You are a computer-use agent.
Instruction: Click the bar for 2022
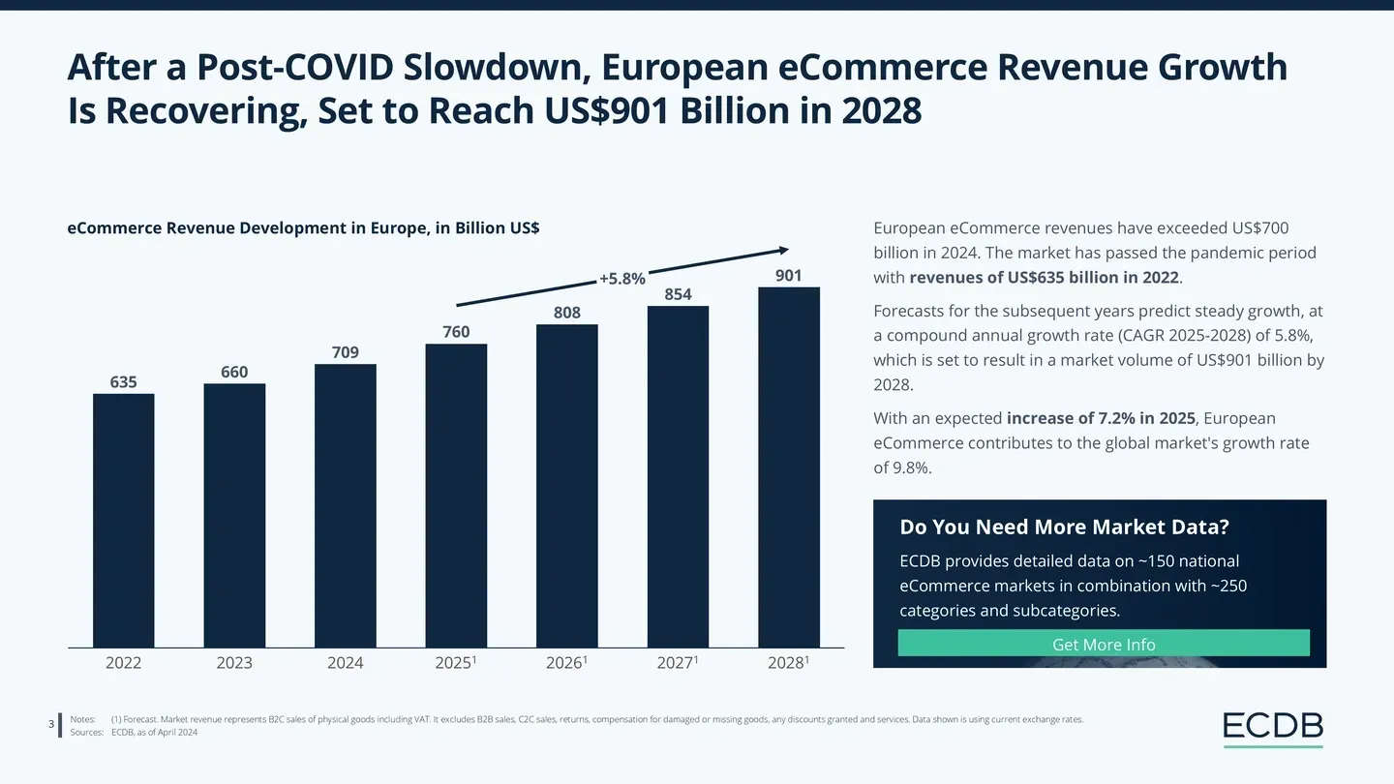pyautogui.click(x=123, y=521)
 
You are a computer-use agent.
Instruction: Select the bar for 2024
pyautogui.click(x=345, y=505)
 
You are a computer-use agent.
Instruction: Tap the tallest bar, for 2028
pyautogui.click(x=789, y=467)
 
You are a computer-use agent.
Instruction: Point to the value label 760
pyautogui.click(x=456, y=332)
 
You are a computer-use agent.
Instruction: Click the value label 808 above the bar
pyautogui.click(x=566, y=313)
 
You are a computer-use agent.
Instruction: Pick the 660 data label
pyautogui.click(x=234, y=373)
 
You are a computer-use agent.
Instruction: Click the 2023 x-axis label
pyautogui.click(x=234, y=663)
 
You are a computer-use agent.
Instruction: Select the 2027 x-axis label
pyautogui.click(x=677, y=663)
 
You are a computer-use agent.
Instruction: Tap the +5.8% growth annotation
pyautogui.click(x=621, y=279)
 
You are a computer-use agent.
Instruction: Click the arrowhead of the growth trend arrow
pyautogui.click(x=785, y=250)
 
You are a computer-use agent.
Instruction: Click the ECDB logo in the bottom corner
pyautogui.click(x=1272, y=728)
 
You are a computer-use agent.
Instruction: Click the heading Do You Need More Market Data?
pyautogui.click(x=1064, y=528)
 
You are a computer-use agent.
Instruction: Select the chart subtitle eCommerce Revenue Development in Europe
pyautogui.click(x=303, y=228)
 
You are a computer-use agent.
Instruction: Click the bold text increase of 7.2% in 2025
pyautogui.click(x=1102, y=418)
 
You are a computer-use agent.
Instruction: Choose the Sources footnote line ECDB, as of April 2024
pyautogui.click(x=155, y=733)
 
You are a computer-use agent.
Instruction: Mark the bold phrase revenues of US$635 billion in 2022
pyautogui.click(x=1045, y=278)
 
